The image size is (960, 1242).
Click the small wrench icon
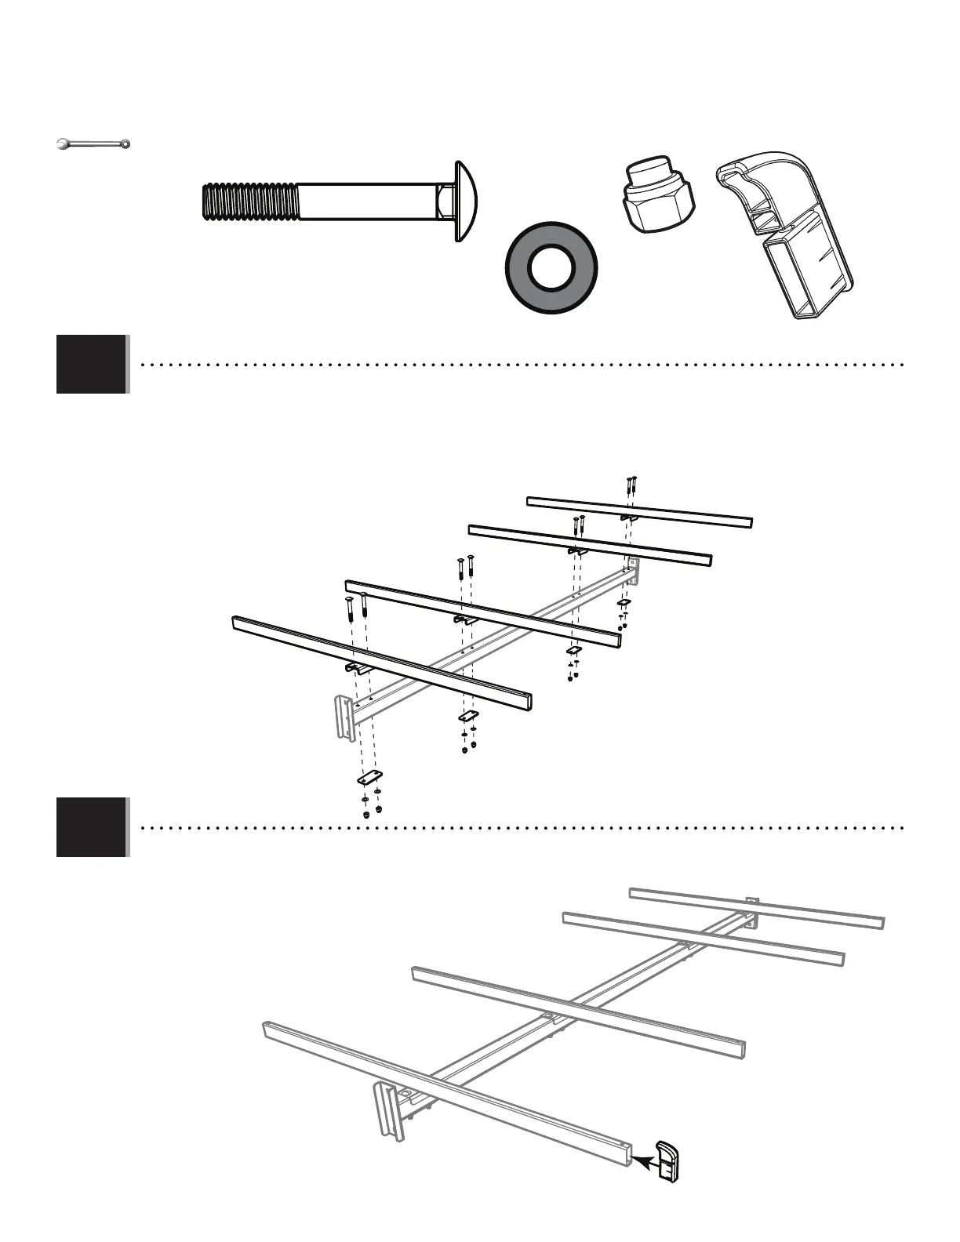tap(93, 143)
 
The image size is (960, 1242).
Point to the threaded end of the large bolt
tap(247, 202)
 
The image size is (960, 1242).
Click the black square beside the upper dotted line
tap(91, 364)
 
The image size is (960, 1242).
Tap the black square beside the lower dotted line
tap(91, 827)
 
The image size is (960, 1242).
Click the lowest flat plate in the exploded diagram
tap(369, 778)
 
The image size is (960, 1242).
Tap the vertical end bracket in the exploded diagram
tap(344, 716)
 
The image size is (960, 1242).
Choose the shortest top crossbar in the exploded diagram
tap(639, 510)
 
